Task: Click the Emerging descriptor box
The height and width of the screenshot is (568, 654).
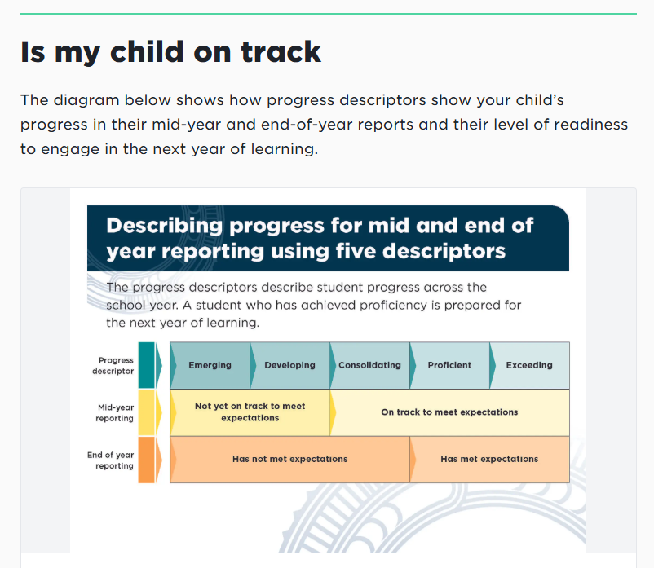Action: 210,365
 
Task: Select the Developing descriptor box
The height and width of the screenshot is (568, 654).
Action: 289,365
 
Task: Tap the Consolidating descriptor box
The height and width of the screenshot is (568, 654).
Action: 370,365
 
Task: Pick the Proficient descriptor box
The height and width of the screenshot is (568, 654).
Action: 449,365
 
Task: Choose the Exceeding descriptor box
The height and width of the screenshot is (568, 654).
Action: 530,365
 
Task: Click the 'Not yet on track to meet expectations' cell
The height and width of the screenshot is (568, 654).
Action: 250,412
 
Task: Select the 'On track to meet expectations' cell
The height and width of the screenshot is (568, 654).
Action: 449,412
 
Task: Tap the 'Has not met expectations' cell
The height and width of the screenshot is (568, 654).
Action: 289,460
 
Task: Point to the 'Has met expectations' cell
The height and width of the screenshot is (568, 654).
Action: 489,460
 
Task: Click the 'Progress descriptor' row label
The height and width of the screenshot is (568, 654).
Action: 113,365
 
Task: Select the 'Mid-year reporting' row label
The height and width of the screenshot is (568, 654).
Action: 115,412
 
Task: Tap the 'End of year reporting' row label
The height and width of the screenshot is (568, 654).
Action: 111,460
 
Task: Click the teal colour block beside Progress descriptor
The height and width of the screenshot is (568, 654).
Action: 147,365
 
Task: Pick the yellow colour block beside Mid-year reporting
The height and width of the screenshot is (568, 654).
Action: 147,412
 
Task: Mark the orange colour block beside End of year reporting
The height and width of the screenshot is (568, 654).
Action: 147,460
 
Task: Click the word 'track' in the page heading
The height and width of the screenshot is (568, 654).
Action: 281,52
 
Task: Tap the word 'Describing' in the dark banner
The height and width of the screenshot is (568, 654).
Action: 165,227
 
